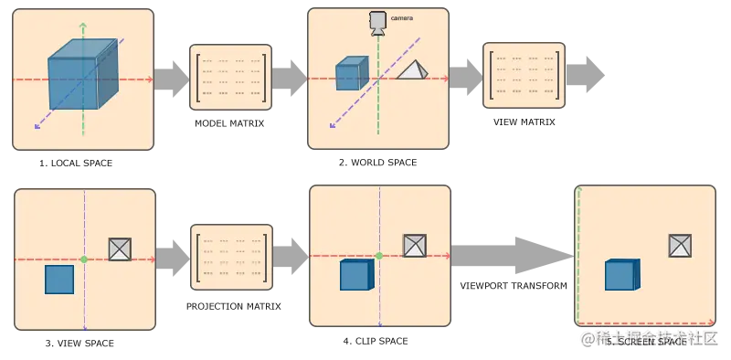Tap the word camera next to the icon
(x=401, y=17)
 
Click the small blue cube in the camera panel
(x=348, y=75)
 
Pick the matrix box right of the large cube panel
(x=230, y=78)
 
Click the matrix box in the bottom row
(x=231, y=259)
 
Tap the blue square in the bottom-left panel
(x=59, y=280)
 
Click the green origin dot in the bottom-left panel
(x=84, y=260)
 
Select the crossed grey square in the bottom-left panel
(x=120, y=249)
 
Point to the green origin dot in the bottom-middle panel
(x=378, y=256)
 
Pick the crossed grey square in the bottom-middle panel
(x=415, y=245)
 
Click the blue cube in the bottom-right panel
(x=621, y=275)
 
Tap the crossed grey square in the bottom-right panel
(x=680, y=245)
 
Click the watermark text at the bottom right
(x=650, y=338)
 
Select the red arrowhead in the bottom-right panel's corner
(x=711, y=323)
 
